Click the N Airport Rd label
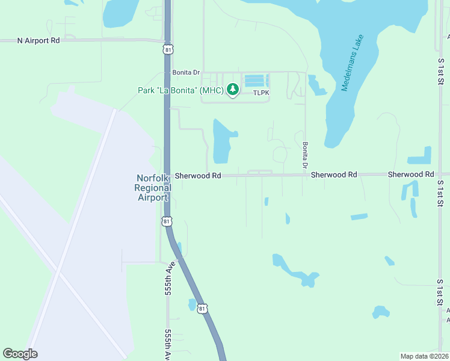point(39,40)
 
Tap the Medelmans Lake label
point(353,63)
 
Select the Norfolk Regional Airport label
point(152,187)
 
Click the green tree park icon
point(233,90)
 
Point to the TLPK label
point(261,93)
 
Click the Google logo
point(20,354)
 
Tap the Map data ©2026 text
point(425,356)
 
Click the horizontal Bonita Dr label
point(185,72)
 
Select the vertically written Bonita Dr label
point(305,155)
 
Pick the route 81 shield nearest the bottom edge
point(203,308)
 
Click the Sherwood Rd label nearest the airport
point(198,175)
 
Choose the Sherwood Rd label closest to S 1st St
point(410,174)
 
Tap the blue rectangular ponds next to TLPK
point(254,80)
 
